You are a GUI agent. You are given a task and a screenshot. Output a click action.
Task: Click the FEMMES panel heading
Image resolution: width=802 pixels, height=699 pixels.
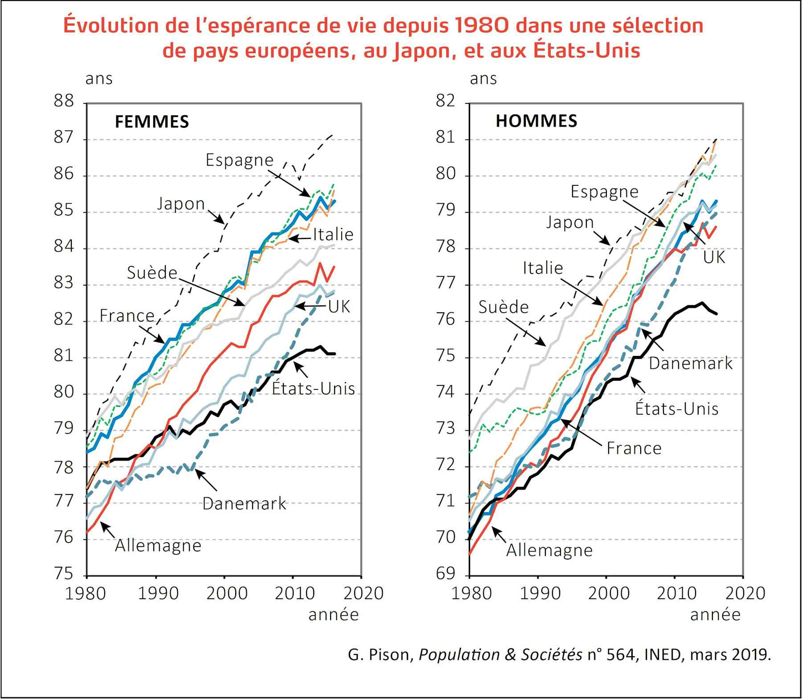(151, 122)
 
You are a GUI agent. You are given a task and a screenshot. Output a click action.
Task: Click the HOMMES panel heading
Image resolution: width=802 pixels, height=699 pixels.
(536, 121)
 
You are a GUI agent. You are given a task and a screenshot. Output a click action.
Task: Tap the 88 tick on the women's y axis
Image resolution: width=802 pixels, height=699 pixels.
(64, 101)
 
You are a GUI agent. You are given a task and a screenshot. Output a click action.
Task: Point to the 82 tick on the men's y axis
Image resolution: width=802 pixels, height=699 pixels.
(446, 101)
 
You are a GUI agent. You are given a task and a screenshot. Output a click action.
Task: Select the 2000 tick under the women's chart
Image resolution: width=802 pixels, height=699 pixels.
(224, 593)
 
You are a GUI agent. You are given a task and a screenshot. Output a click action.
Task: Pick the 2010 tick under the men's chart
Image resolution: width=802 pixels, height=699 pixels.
(676, 593)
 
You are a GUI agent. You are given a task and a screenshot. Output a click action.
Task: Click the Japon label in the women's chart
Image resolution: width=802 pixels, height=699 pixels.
(180, 204)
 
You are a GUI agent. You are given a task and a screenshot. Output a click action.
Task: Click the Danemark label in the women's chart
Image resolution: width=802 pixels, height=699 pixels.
(244, 504)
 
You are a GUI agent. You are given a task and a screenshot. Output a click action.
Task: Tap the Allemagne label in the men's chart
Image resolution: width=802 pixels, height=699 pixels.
(549, 551)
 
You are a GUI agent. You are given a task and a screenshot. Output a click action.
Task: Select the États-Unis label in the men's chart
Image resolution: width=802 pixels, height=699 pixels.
(676, 409)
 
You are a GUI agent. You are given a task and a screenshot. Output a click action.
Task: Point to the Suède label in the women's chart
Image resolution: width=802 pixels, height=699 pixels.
(152, 273)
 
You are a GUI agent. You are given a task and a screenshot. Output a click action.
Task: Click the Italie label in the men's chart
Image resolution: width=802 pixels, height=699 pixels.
(543, 268)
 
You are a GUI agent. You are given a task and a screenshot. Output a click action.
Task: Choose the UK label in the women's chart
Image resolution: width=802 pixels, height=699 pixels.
(339, 307)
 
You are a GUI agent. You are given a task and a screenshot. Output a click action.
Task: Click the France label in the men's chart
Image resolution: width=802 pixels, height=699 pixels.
(634, 448)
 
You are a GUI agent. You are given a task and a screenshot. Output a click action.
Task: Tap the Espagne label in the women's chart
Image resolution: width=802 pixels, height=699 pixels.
(239, 160)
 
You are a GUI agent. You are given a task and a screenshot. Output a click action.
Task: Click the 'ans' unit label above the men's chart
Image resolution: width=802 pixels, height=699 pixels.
(483, 79)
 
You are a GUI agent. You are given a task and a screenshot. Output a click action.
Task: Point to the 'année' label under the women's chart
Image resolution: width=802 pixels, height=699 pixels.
(333, 615)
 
